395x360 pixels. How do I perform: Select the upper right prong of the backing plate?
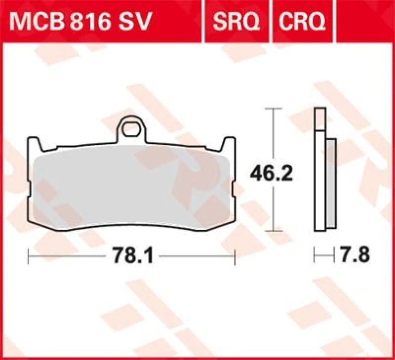pyautogui.click(x=229, y=144)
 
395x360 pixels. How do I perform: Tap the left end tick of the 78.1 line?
pyautogui.click(x=29, y=256)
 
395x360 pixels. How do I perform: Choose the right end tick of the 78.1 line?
pyautogui.click(x=235, y=256)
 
